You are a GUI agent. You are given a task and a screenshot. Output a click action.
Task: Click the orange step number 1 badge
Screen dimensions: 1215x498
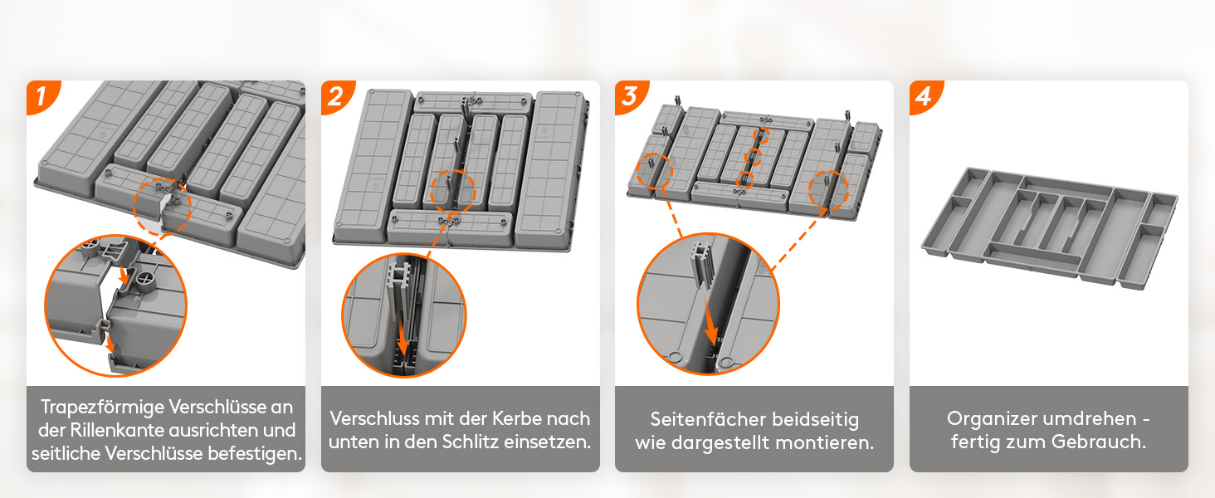(x=41, y=96)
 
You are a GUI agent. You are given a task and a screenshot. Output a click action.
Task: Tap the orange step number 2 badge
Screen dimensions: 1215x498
(x=336, y=96)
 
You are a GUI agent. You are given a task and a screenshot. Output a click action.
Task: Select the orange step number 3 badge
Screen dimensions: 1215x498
(x=630, y=96)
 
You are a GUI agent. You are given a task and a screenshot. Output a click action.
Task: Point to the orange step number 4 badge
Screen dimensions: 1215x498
(x=925, y=96)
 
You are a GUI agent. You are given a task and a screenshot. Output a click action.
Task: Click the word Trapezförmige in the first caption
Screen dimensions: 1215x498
(x=103, y=408)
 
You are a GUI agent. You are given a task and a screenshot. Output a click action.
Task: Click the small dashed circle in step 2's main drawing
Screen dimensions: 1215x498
(x=453, y=190)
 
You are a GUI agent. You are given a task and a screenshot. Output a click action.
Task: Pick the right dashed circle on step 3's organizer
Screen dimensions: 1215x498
(x=828, y=190)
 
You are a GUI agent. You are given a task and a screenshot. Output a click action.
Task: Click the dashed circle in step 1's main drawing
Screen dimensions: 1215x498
(x=163, y=207)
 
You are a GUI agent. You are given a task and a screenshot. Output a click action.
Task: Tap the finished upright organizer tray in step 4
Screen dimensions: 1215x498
(x=1050, y=228)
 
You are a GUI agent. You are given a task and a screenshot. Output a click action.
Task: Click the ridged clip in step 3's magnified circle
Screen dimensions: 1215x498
(x=701, y=266)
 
